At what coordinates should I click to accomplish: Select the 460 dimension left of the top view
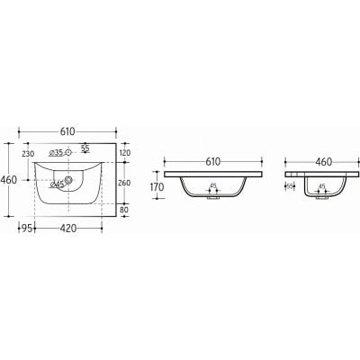pos(9,180)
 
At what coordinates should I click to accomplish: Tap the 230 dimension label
pos(29,154)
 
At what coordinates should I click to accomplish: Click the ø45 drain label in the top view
pos(57,184)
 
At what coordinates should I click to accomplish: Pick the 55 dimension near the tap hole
pos(85,148)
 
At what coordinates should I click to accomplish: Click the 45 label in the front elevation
pos(212,186)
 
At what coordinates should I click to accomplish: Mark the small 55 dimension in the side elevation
pos(290,186)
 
